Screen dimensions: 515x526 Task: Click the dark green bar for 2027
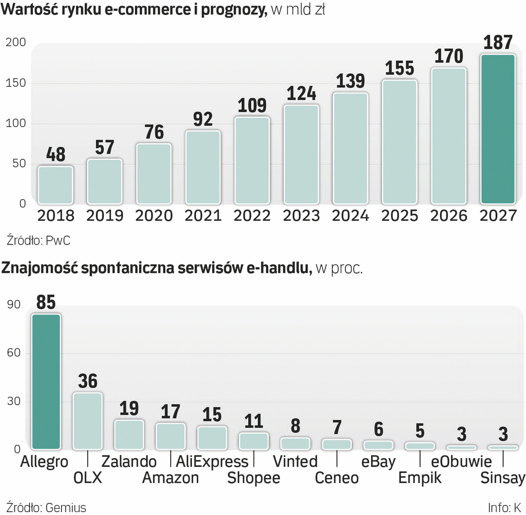coord(497,129)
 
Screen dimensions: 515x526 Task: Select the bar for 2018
coord(55,185)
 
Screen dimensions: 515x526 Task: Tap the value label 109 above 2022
coord(252,106)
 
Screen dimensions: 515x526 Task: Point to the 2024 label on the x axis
coord(351,216)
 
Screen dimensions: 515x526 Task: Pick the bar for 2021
coord(203,167)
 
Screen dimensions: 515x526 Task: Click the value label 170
coord(449,57)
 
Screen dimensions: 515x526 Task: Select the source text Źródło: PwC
coord(39,240)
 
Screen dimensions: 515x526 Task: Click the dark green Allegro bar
coord(46,381)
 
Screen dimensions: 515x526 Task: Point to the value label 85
coord(46,303)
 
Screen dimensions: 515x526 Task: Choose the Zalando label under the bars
coord(129,461)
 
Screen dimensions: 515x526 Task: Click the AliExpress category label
coord(212,461)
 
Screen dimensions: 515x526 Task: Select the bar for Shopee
coord(254,441)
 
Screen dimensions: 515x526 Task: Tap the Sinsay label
coord(503,478)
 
